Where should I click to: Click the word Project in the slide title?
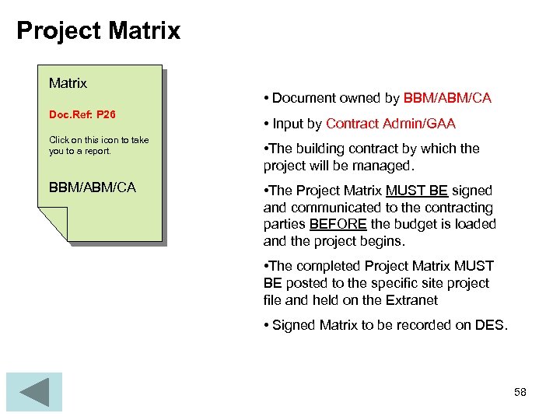59,31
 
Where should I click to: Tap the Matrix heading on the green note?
68,82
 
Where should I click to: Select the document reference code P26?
106,114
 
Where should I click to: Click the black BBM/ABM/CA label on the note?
92,187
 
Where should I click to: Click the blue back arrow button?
33,392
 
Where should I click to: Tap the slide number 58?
520,392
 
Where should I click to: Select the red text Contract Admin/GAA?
390,124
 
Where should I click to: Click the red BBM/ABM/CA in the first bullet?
447,98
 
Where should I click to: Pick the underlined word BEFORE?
338,224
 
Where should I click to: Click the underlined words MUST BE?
416,191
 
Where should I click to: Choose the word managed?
383,166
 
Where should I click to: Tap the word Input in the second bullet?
288,124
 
